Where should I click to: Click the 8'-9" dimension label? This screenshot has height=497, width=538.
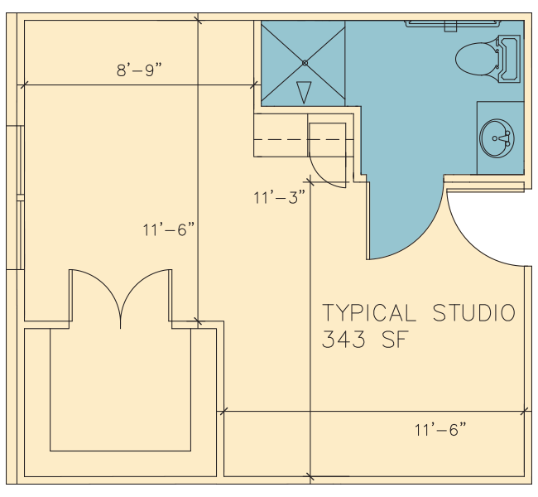pyautogui.click(x=139, y=70)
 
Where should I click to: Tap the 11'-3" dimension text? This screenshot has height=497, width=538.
pyautogui.click(x=279, y=197)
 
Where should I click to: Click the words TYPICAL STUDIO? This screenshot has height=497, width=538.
pyautogui.click(x=419, y=312)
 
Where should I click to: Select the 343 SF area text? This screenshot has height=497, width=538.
pyautogui.click(x=365, y=340)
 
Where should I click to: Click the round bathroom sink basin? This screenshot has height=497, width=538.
pyautogui.click(x=497, y=138)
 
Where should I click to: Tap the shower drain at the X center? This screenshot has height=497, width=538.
pyautogui.click(x=305, y=63)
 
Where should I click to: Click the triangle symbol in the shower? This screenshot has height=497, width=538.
pyautogui.click(x=304, y=92)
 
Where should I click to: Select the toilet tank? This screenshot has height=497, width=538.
pyautogui.click(x=510, y=59)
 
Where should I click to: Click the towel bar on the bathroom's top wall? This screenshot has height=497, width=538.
pyautogui.click(x=452, y=24)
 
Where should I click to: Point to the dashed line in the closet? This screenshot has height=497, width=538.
pyautogui.click(x=303, y=139)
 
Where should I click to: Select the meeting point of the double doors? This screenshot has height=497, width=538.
pyautogui.click(x=121, y=326)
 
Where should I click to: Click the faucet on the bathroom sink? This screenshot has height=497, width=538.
pyautogui.click(x=504, y=138)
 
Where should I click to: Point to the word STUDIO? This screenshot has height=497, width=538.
pyautogui.click(x=474, y=312)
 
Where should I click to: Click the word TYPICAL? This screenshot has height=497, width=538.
pyautogui.click(x=369, y=312)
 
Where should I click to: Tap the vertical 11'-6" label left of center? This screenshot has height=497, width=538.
pyautogui.click(x=169, y=229)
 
